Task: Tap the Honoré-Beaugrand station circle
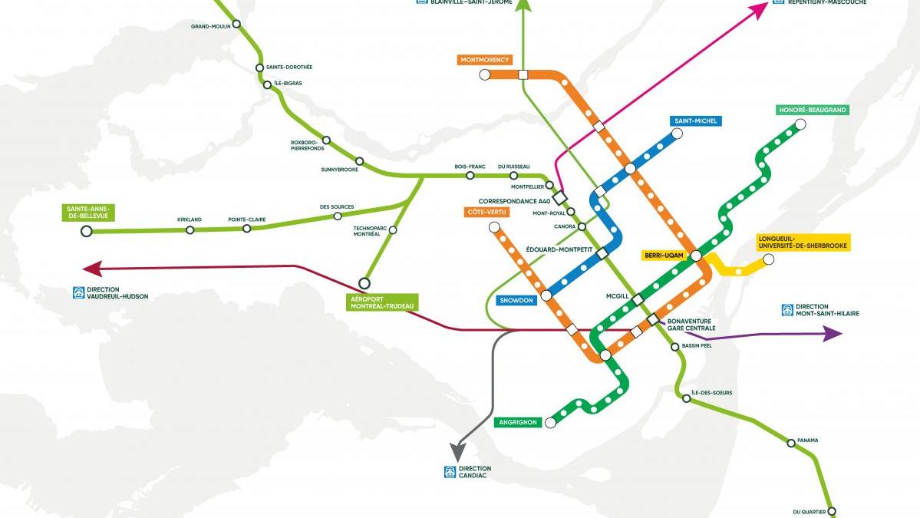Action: tap(800, 124)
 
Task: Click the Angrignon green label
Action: tap(520, 422)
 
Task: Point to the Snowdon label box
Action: tap(516, 300)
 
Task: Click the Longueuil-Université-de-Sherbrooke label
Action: tap(803, 242)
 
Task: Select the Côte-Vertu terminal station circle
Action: tap(494, 227)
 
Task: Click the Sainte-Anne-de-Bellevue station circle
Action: tap(87, 230)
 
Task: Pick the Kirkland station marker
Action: tap(190, 229)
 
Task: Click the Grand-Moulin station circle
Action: tap(236, 25)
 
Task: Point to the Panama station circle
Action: tap(791, 443)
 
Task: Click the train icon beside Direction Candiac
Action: tap(450, 472)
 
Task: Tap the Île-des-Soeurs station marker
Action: tap(680, 396)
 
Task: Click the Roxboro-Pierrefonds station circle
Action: tap(326, 140)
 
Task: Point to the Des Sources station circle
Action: tap(337, 216)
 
